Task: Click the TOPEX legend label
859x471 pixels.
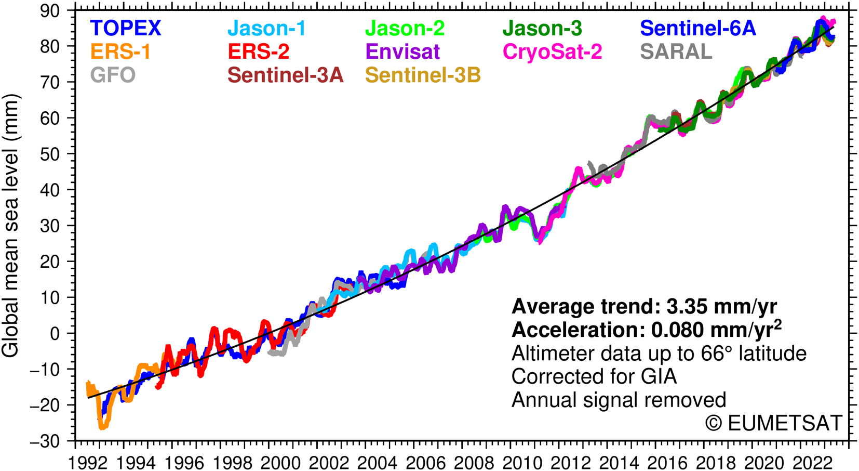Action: [x=126, y=29]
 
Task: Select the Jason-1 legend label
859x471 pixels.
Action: [x=267, y=29]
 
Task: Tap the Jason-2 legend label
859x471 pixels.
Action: [x=405, y=29]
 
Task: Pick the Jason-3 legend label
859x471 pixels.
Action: [x=542, y=29]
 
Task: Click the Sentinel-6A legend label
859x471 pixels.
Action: [x=697, y=29]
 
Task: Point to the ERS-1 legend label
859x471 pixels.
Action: [x=120, y=52]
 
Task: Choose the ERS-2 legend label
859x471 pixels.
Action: [x=259, y=52]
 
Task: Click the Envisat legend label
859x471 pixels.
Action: [x=402, y=52]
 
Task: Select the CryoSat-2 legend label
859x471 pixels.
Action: [x=552, y=52]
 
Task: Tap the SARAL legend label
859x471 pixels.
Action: [x=676, y=52]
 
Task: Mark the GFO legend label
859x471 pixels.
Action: [x=113, y=75]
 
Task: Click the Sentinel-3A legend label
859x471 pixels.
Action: [x=286, y=75]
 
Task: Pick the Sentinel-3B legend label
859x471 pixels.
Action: [x=423, y=75]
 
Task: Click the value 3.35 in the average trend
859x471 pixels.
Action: [x=687, y=307]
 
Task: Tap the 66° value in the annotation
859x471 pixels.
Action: [x=716, y=354]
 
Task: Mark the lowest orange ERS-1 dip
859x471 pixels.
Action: [x=103, y=427]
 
